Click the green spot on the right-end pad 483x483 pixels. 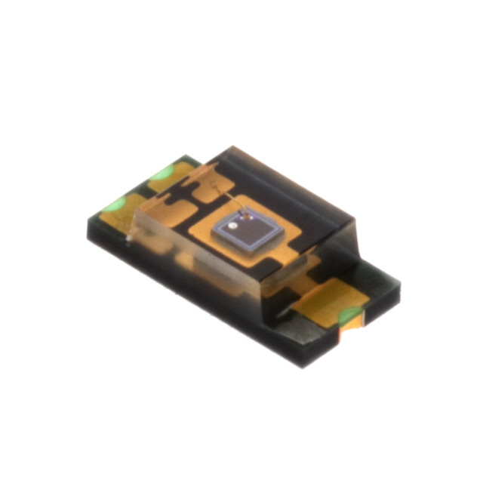[349, 316]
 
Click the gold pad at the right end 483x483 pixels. [325, 300]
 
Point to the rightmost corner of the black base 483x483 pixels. [399, 286]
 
